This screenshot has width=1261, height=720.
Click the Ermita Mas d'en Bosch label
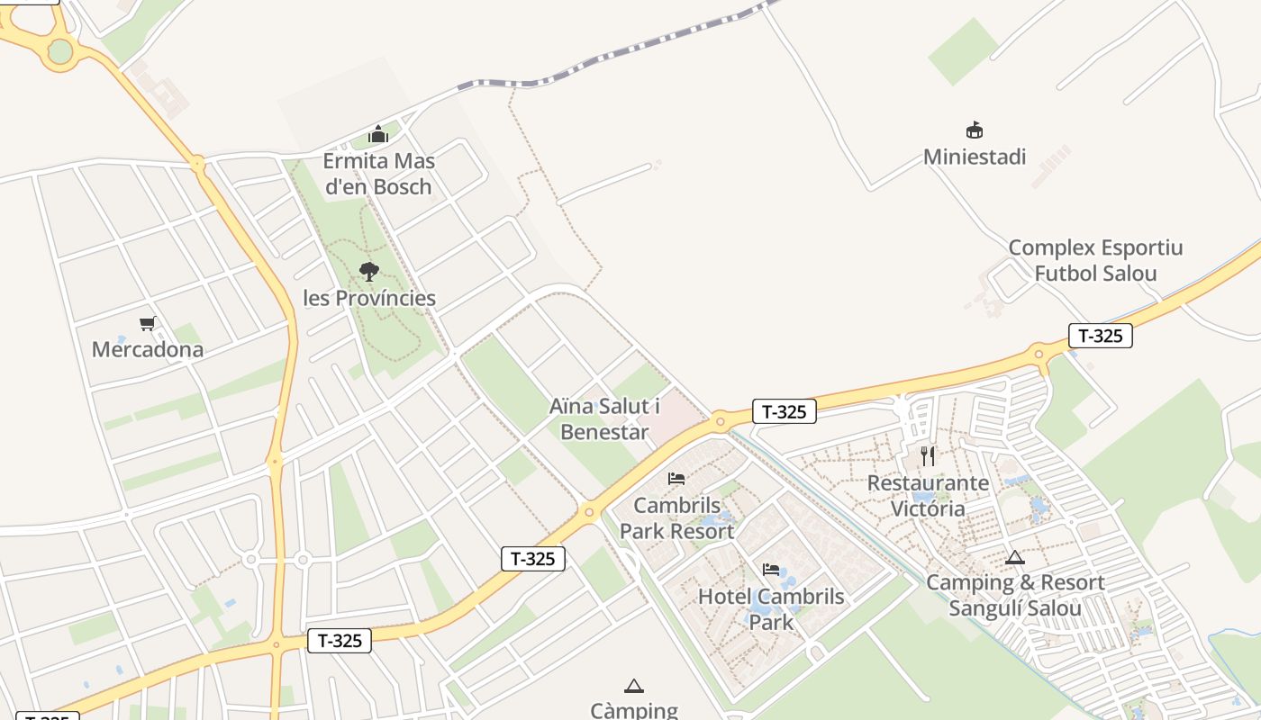378,174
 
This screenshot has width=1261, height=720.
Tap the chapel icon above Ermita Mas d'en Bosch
378,135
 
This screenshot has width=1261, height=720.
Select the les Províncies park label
369,298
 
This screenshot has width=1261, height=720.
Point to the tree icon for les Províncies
368,271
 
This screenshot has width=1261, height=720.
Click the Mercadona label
148,349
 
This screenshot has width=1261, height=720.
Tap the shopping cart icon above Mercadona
148,323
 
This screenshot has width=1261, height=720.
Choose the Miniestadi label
975,157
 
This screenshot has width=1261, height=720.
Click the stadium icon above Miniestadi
974,130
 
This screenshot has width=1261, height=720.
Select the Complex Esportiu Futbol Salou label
1095,260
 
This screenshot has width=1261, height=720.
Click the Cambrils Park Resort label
676,517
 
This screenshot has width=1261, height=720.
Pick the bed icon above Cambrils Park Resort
676,479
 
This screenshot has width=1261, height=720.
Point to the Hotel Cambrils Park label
771,608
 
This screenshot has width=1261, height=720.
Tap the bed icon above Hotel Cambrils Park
771,570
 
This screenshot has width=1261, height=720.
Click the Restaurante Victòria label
928,495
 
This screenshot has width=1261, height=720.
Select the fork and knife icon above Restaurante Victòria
928,456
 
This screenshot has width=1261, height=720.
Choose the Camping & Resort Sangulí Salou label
1015,595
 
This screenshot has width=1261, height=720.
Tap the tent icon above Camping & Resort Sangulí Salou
1015,557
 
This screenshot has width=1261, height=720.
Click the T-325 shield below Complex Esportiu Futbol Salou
1100,336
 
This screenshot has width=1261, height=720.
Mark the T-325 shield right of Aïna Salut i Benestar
784,411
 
